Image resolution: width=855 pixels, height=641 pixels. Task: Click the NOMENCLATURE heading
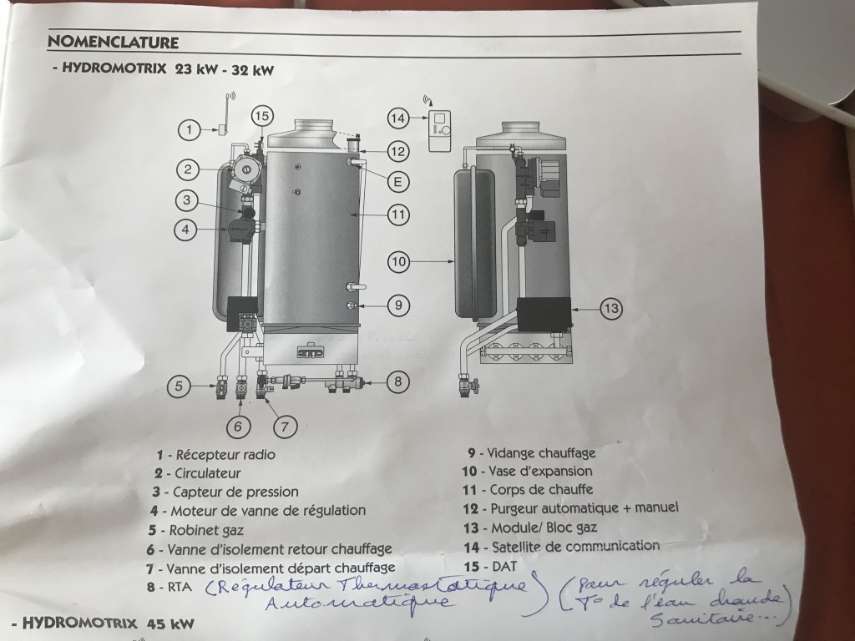pos(113,42)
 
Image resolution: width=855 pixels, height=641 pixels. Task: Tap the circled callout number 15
pos(261,115)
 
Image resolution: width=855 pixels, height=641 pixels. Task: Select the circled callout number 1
pos(190,129)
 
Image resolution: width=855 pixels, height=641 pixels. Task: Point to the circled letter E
pos(398,181)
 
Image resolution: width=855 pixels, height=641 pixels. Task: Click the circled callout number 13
pos(611,309)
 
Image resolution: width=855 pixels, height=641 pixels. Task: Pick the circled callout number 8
pos(397,381)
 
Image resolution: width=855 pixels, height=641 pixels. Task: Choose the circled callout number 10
pos(398,262)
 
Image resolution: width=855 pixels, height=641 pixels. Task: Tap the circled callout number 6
pos(238,426)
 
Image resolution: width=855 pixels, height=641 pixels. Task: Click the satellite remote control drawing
pos(439,131)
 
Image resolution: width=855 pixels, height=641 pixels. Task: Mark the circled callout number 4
pos(185,230)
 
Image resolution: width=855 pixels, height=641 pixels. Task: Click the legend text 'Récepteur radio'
pos(225,455)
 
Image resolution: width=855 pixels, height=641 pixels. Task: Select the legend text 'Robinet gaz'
pos(207,530)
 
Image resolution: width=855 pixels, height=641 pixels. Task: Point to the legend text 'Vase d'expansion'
pos(540,471)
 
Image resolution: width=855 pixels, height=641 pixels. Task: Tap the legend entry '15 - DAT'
pos(489,567)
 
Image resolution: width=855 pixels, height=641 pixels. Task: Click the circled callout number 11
pos(398,215)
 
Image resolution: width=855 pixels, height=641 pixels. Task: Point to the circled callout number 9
pos(398,305)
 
